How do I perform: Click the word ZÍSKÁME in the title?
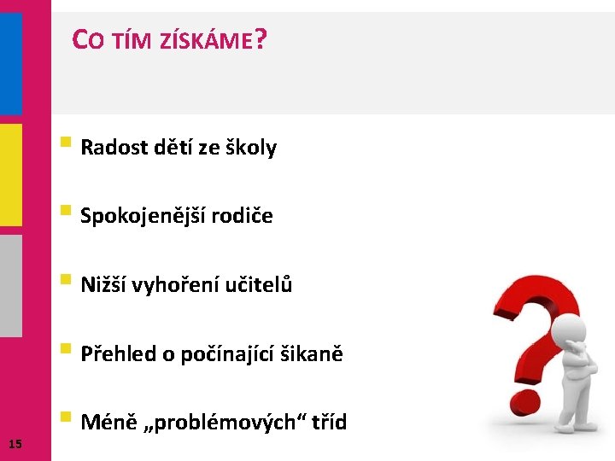tap(207, 41)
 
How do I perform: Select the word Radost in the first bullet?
tap(114, 148)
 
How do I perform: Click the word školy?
tap(250, 148)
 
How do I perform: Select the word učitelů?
tap(260, 284)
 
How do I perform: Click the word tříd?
tap(327, 422)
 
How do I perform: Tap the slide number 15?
tap(15, 442)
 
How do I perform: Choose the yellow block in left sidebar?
tap(10, 175)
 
